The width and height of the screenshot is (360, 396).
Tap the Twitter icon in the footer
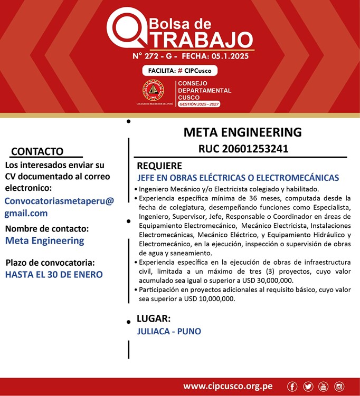tap(308, 387)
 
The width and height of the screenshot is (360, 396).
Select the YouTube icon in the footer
tap(324, 387)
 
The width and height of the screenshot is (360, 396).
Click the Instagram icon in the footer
tap(339, 387)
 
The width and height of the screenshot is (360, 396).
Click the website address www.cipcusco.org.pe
tap(228, 387)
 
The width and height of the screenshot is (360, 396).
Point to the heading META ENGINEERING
tap(242, 132)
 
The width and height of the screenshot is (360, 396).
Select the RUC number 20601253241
tap(243, 149)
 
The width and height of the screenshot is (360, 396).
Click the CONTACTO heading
tap(37, 152)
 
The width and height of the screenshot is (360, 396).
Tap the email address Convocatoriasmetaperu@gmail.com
tap(59, 207)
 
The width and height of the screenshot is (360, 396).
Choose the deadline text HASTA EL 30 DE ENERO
tap(54, 274)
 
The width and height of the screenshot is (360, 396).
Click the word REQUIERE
tap(159, 166)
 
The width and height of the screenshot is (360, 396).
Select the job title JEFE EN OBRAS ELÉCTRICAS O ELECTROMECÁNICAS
tap(238, 178)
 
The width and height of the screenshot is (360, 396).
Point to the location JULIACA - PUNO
tap(169, 332)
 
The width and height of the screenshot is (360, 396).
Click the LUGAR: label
tap(153, 319)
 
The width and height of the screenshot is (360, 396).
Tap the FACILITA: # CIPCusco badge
tap(179, 70)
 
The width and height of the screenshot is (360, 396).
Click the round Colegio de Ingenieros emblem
tap(153, 91)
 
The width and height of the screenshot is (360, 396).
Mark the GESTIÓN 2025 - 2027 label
tap(199, 104)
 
